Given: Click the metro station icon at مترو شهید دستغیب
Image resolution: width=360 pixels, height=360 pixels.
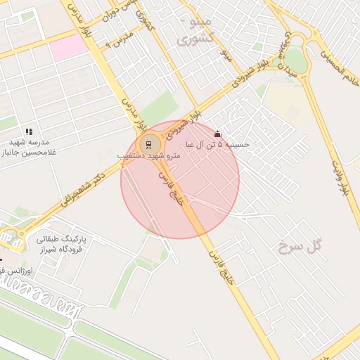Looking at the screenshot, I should [x=148, y=145].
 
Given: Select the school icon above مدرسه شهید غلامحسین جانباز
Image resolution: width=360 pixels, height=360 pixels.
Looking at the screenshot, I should [x=29, y=131].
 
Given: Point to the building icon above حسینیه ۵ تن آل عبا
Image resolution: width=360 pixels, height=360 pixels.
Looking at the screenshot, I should [x=217, y=134].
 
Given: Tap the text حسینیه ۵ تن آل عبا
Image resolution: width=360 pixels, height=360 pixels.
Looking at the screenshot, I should [x=217, y=145].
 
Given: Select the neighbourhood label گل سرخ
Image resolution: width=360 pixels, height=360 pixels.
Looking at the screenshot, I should [x=299, y=245].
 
